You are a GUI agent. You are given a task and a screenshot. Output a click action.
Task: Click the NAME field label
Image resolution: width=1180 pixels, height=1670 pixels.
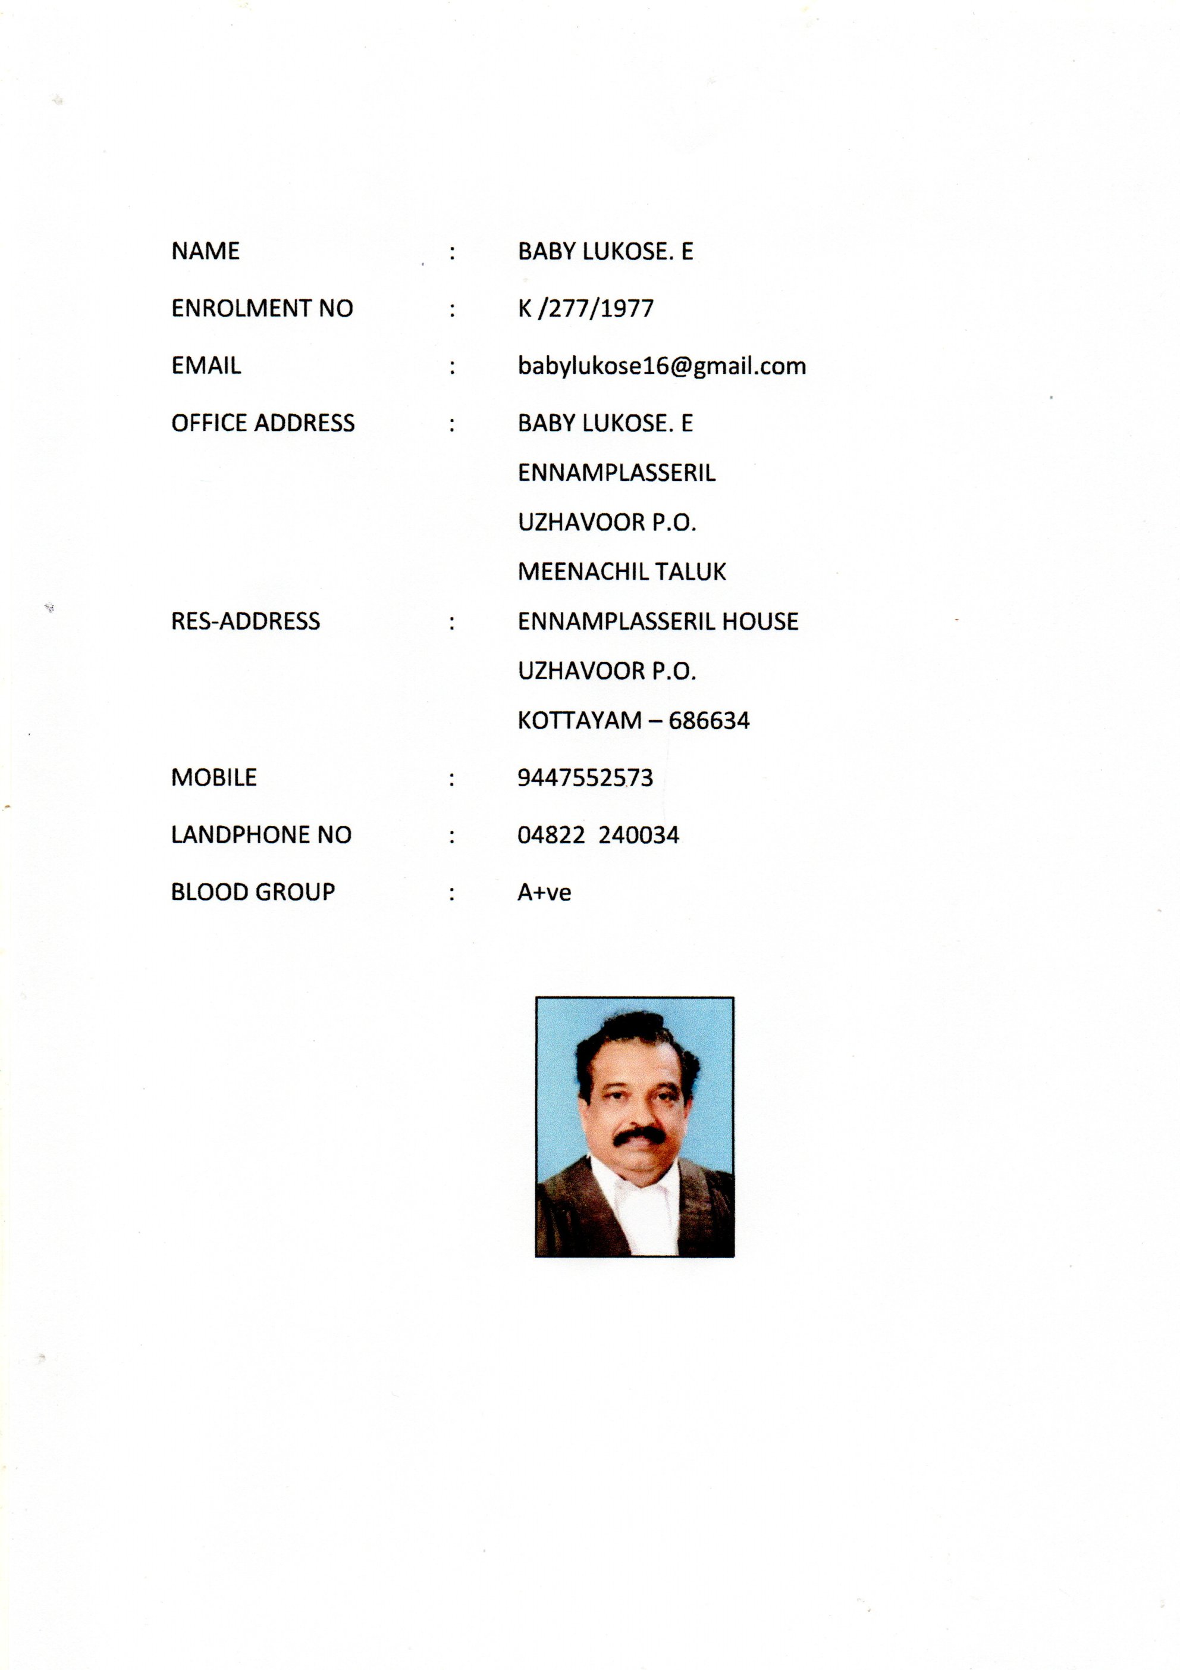tap(205, 251)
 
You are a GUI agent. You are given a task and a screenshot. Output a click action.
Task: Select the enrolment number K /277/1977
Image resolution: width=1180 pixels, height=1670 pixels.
tap(585, 308)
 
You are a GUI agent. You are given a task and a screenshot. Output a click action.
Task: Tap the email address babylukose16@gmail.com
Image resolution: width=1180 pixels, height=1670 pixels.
tap(661, 366)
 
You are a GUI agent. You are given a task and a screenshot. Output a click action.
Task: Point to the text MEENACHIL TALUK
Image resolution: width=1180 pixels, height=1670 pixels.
tap(622, 572)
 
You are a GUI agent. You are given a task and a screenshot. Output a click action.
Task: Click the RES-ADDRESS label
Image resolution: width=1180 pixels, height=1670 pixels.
tap(245, 621)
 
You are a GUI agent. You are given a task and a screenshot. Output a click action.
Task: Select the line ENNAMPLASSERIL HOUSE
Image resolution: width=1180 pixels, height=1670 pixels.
tap(658, 621)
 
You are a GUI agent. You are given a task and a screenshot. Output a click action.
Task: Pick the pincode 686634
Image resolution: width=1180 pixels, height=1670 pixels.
tap(709, 721)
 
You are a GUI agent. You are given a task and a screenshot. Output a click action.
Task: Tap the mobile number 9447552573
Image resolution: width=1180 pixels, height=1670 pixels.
tap(585, 777)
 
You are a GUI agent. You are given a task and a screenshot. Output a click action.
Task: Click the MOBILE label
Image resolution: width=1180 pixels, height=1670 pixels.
tap(214, 777)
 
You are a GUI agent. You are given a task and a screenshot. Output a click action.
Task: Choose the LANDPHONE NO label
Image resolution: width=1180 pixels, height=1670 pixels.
tap(261, 834)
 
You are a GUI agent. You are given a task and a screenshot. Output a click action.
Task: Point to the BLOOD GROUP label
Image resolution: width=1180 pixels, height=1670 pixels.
tap(252, 892)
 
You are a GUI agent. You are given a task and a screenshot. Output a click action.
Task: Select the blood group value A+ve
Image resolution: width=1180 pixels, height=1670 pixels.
tap(544, 893)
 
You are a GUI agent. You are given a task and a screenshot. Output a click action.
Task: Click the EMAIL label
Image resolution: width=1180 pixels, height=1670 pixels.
tap(206, 366)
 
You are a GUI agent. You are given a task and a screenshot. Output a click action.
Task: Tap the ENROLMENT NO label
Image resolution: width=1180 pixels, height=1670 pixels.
tap(262, 308)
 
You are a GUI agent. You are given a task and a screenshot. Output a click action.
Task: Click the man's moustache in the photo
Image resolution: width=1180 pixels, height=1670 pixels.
tap(638, 1136)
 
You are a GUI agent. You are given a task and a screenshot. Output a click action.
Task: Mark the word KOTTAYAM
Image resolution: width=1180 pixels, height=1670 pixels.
tap(579, 721)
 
